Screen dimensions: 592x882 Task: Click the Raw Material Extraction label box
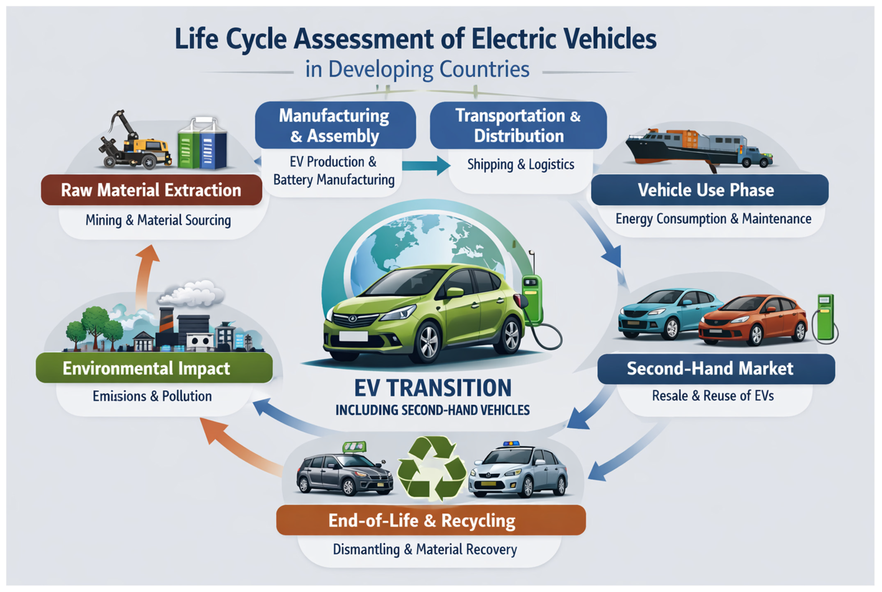pos(151,190)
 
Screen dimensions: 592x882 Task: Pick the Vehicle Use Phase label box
pos(709,190)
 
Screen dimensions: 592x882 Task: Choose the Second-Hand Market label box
pos(716,369)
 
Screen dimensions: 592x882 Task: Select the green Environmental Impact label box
pos(154,368)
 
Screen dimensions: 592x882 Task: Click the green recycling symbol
pos(432,468)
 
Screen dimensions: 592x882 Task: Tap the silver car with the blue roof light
pos(518,472)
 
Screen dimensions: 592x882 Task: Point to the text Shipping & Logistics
pos(521,165)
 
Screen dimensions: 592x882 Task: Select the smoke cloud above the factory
pos(191,293)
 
